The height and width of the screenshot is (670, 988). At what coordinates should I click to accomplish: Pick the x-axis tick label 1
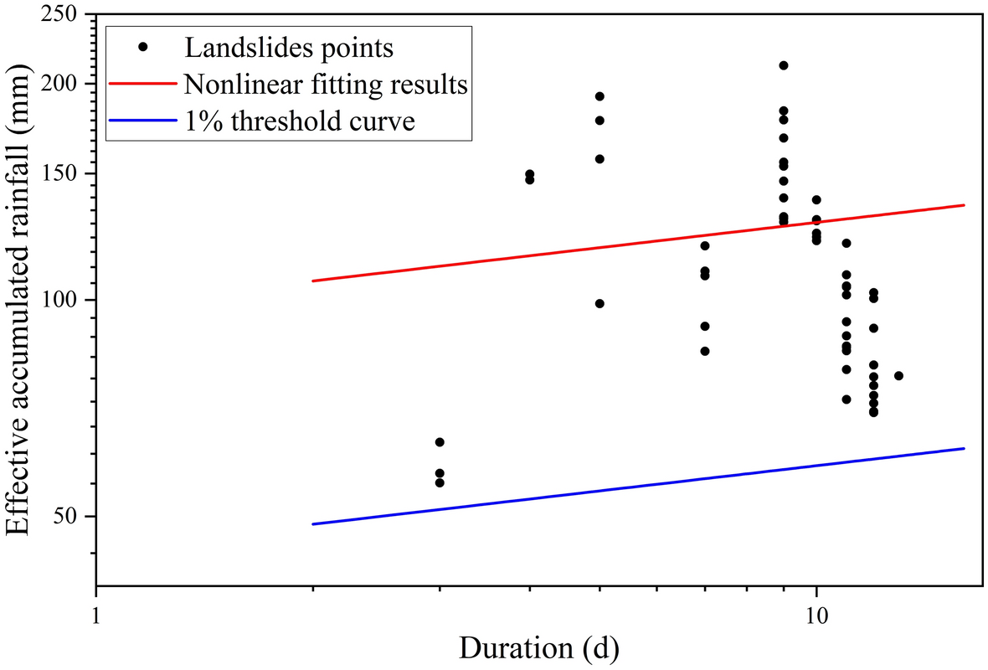(96, 614)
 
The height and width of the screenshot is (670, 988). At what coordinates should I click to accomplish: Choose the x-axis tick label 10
(816, 614)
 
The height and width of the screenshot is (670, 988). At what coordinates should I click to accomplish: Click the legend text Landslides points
(289, 48)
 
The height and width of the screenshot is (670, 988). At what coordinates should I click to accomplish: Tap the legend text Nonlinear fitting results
(326, 85)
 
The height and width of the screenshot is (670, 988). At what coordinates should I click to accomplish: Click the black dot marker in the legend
(143, 48)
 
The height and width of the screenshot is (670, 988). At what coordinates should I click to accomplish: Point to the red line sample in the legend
(143, 85)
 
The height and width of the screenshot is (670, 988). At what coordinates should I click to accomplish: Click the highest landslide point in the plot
(784, 65)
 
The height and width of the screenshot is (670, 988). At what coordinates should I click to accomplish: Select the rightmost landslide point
(898, 375)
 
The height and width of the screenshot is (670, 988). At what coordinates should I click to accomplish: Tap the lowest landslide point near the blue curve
(440, 482)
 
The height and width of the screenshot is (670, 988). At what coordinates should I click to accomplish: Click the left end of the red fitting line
(312, 281)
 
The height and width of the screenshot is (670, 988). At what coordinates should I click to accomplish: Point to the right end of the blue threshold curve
(965, 448)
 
